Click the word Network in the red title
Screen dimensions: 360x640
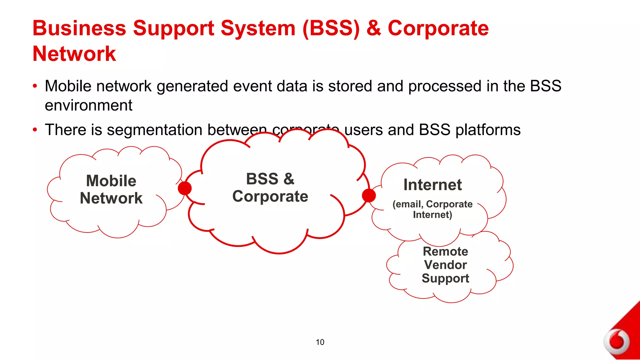point(74,54)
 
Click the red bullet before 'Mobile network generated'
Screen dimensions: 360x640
point(35,86)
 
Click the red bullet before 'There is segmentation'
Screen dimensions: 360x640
point(35,129)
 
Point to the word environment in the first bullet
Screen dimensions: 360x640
point(88,105)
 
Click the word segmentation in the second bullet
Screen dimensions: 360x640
point(154,130)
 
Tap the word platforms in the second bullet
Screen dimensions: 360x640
point(488,130)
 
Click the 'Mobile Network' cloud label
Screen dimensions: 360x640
point(111,189)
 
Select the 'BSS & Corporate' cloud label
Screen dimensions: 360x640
point(270,187)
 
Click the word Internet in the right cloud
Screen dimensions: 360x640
point(432,185)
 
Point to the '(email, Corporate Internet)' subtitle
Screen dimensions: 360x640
point(432,209)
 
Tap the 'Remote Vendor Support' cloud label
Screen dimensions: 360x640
point(445,265)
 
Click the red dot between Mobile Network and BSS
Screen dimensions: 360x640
point(185,188)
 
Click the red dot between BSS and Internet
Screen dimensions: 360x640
point(369,196)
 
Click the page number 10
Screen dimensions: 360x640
point(320,342)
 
